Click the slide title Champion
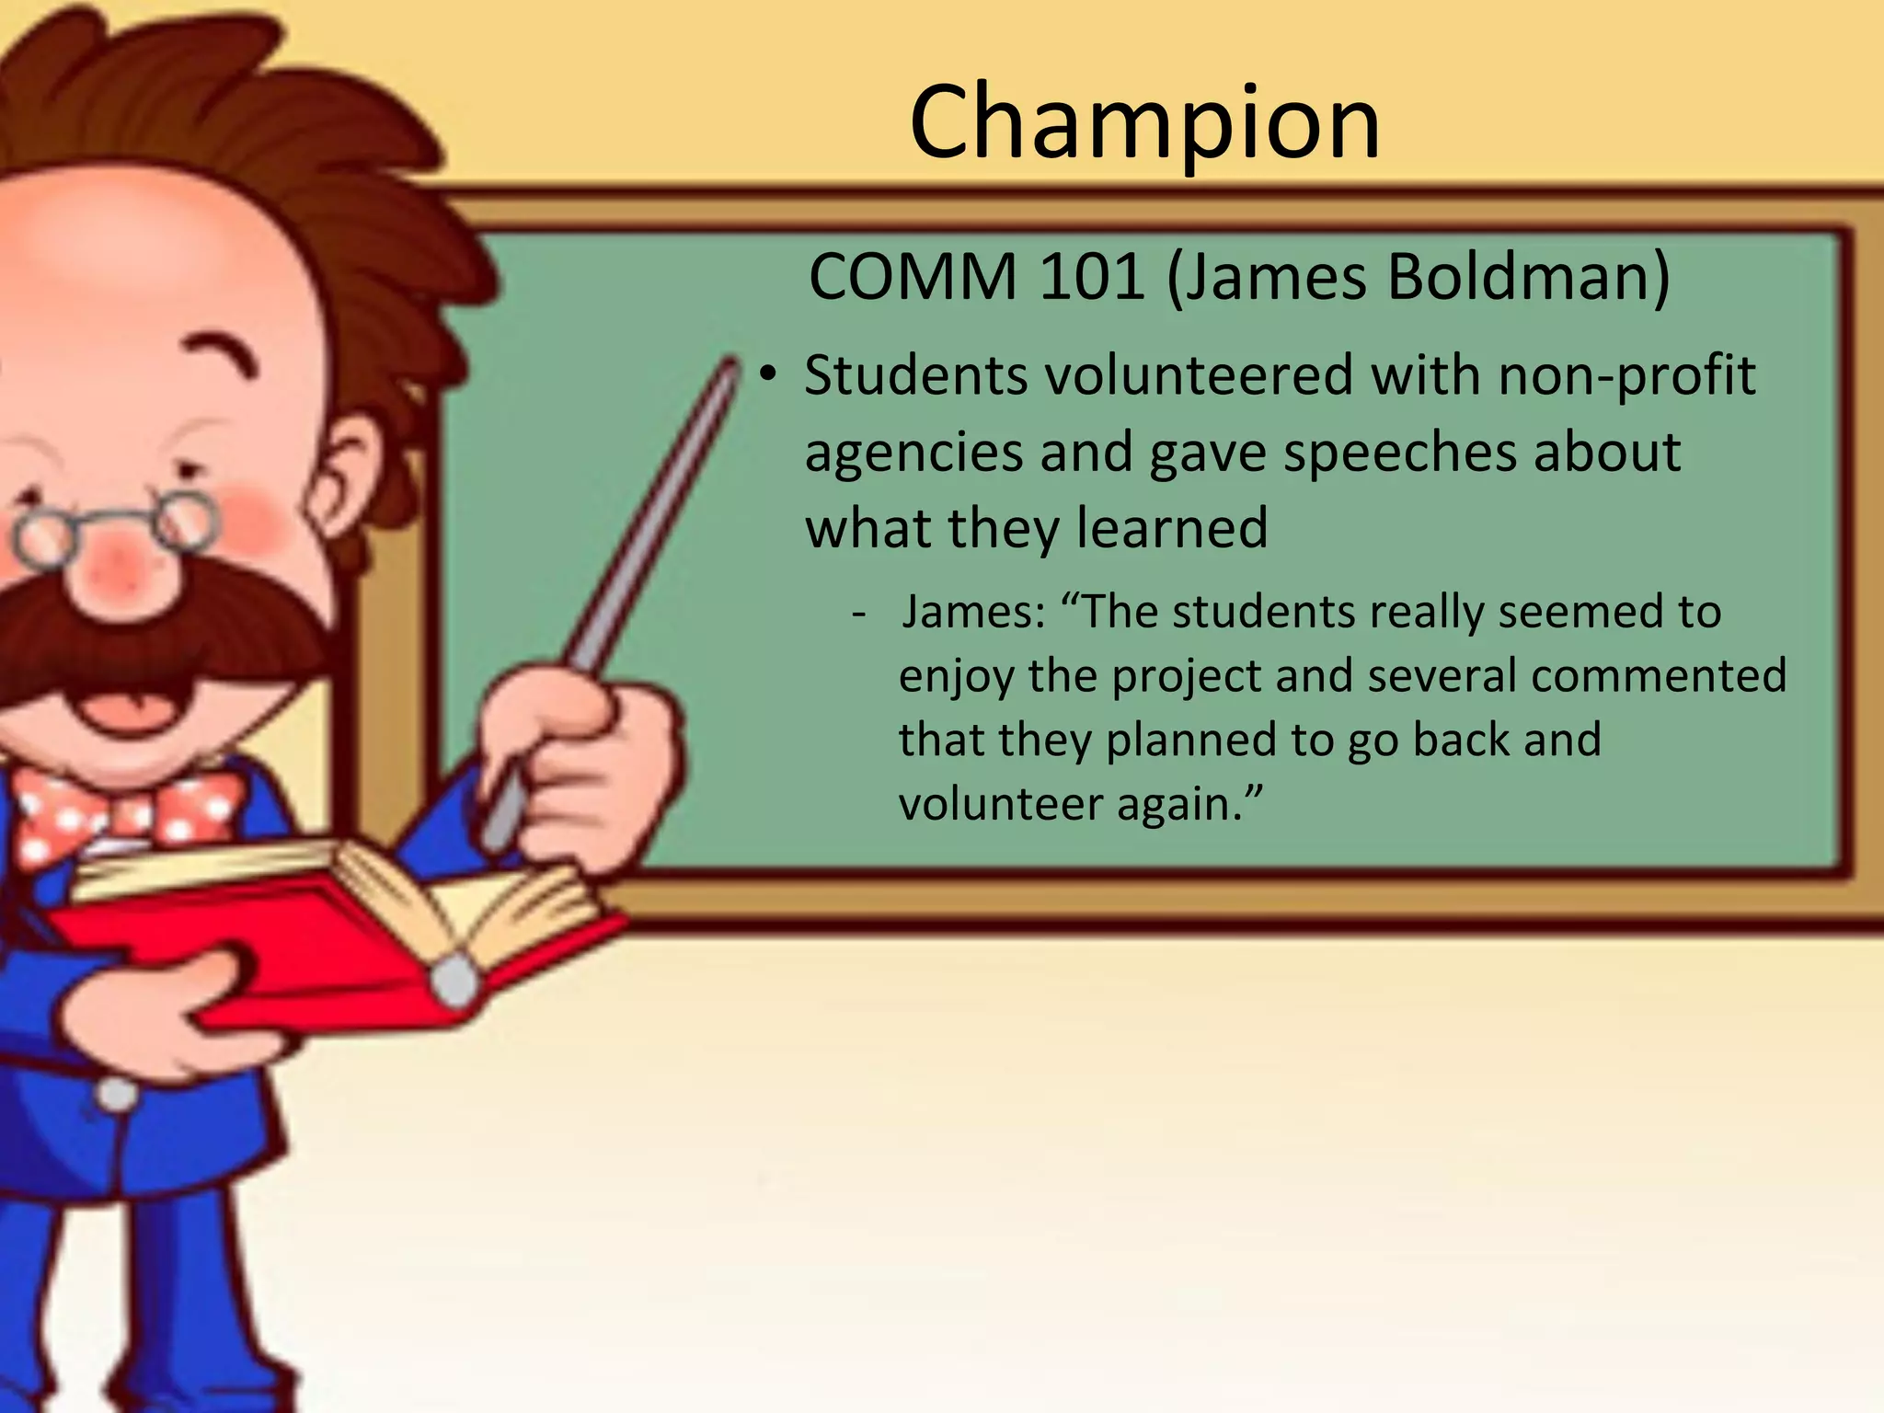click(1144, 122)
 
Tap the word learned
click(1172, 528)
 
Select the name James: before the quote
click(973, 612)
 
